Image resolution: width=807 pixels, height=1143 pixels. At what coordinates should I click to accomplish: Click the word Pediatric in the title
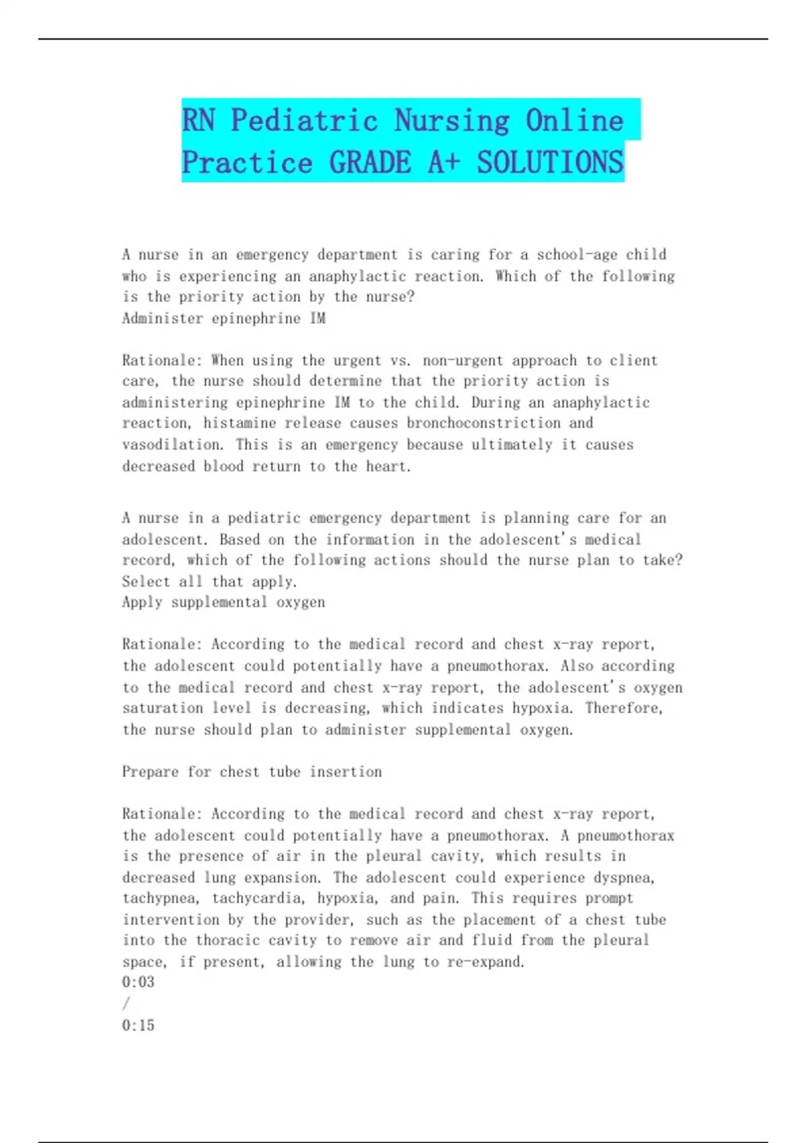(304, 121)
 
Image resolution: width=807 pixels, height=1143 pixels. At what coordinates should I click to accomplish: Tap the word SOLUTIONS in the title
(550, 163)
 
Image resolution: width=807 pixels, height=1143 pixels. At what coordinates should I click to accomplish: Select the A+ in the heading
(443, 163)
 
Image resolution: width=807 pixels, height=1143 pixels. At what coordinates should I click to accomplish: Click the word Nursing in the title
(452, 121)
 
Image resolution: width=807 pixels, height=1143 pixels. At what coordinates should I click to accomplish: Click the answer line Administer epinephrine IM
(223, 319)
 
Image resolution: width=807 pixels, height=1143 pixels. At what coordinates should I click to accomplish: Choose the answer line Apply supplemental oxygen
(223, 602)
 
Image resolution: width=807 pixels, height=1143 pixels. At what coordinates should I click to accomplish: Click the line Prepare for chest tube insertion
(252, 772)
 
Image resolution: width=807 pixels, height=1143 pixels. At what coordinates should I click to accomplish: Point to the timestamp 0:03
(138, 982)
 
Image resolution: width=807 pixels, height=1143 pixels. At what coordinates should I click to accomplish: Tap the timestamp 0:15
(138, 1025)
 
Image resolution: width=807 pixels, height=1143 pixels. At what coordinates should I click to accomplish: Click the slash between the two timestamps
(126, 1004)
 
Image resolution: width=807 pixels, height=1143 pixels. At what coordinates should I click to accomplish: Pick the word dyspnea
(623, 878)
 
